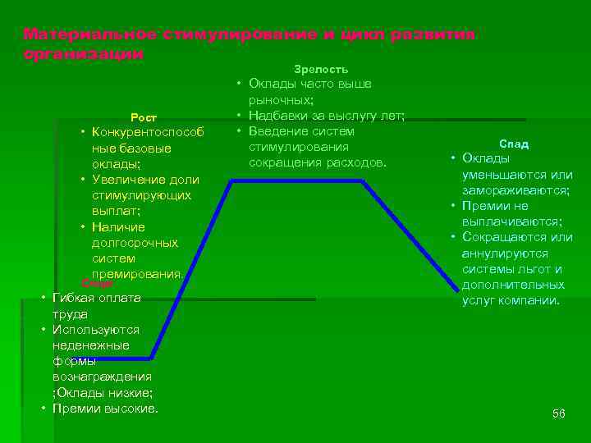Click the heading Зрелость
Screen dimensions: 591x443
[x=321, y=69]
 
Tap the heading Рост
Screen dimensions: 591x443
[x=144, y=117]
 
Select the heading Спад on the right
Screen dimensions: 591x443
[x=515, y=144]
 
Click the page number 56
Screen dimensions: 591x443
[x=558, y=413]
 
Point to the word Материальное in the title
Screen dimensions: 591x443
[x=89, y=34]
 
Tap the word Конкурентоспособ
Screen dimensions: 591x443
[x=147, y=132]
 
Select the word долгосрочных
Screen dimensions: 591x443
[x=135, y=243]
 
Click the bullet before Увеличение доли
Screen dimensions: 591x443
[x=84, y=179]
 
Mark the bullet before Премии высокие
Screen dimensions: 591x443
[x=43, y=408]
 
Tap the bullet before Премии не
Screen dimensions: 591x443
[x=452, y=205]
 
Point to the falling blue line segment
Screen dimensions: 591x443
[x=410, y=235]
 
